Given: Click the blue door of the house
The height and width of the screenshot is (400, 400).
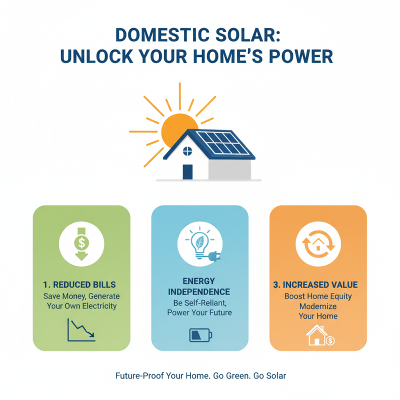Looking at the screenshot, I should [x=187, y=171].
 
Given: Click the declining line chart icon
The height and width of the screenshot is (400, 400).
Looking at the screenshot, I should [x=81, y=330].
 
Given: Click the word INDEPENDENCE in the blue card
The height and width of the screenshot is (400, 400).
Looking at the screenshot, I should [x=199, y=291].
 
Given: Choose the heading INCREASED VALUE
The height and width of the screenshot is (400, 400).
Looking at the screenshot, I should [x=321, y=285].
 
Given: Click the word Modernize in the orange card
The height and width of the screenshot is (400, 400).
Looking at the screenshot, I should [x=318, y=306].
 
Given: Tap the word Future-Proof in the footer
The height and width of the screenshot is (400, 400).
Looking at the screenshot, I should [x=137, y=375].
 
